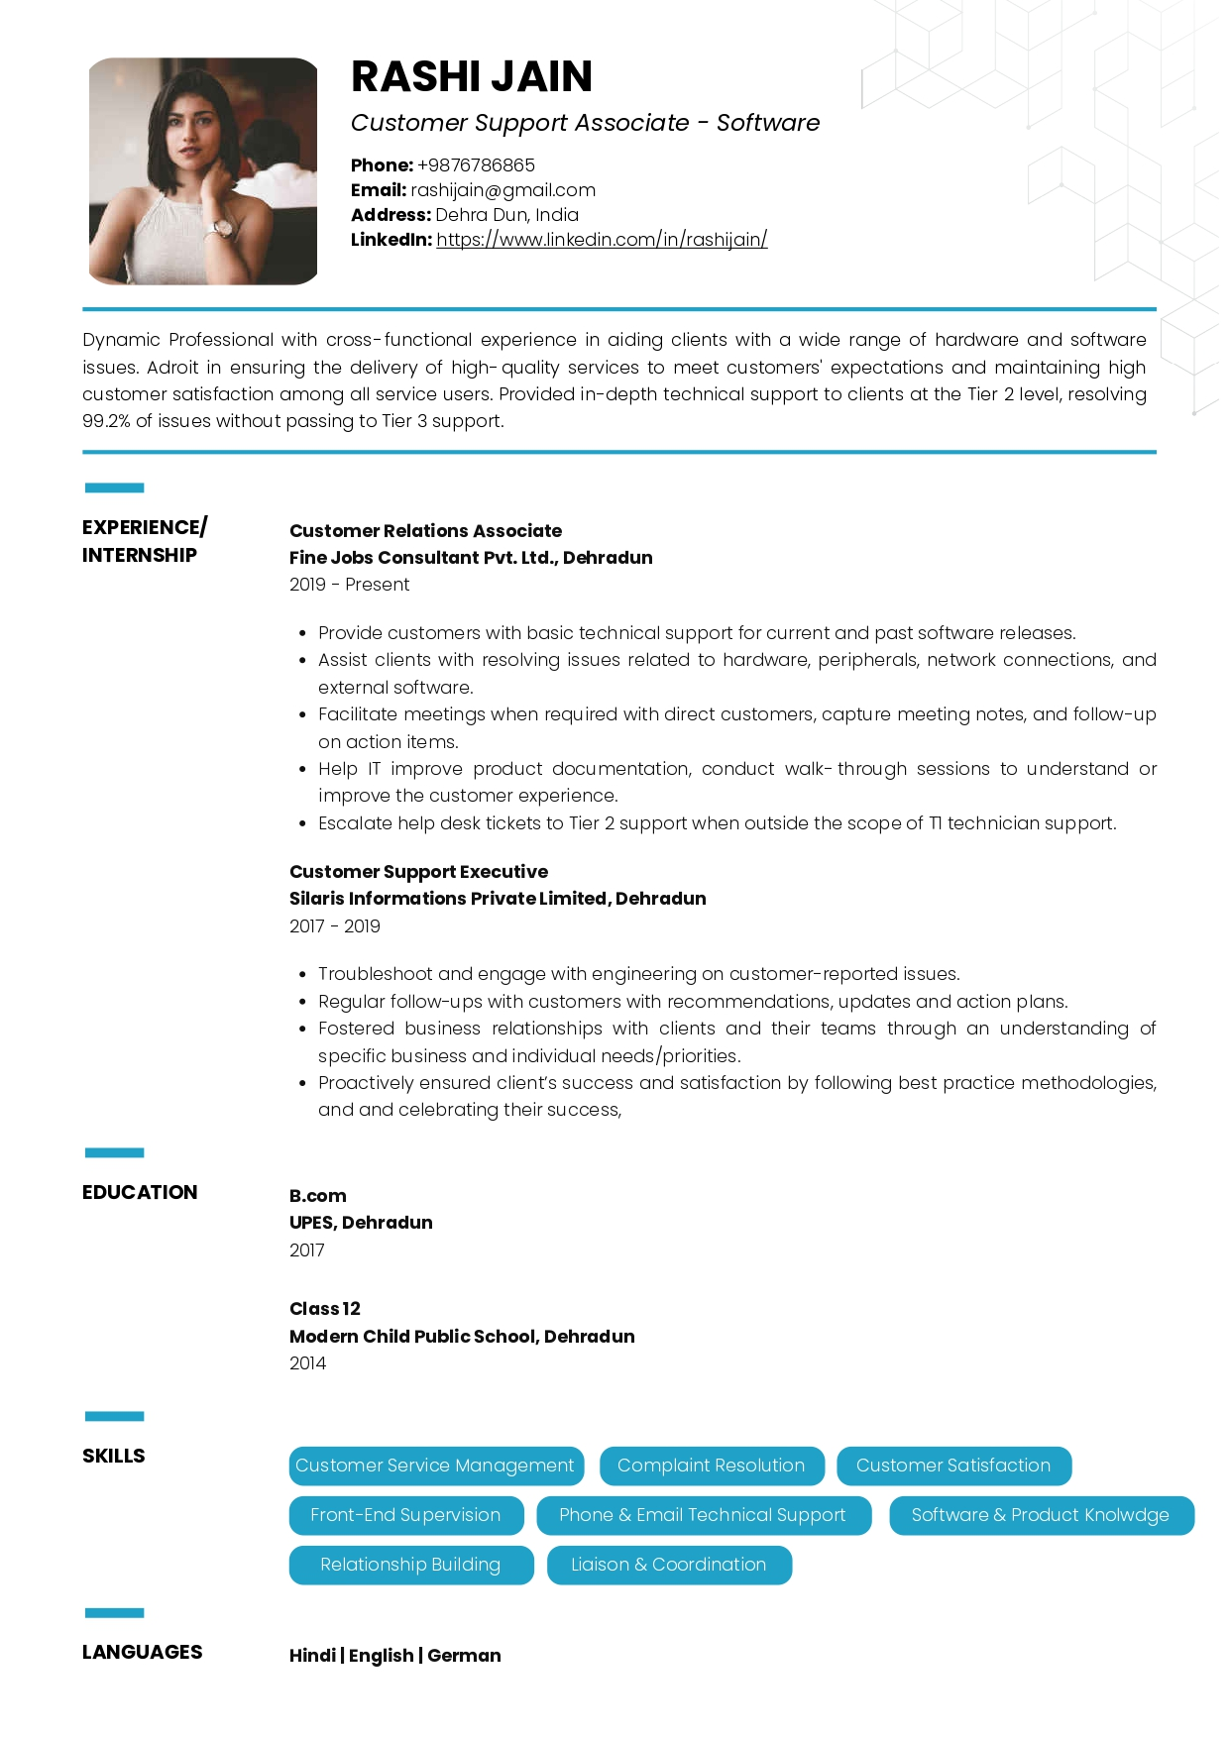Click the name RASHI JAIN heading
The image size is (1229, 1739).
pyautogui.click(x=472, y=77)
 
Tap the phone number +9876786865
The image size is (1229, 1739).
pyautogui.click(x=476, y=165)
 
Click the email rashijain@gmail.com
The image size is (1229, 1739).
pyautogui.click(x=503, y=190)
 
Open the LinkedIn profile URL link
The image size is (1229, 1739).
pyautogui.click(x=602, y=240)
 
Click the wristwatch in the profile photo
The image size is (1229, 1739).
pyautogui.click(x=222, y=228)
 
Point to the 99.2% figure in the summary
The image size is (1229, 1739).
pyautogui.click(x=106, y=421)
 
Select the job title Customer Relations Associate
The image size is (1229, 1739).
pyautogui.click(x=425, y=531)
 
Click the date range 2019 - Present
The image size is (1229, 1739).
pyautogui.click(x=349, y=585)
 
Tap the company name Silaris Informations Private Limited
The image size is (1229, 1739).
pyautogui.click(x=449, y=899)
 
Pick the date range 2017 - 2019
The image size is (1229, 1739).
pyautogui.click(x=334, y=926)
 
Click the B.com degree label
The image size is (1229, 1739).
pyautogui.click(x=317, y=1196)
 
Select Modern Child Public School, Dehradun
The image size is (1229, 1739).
pyautogui.click(x=462, y=1337)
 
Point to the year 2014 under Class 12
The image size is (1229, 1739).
pyautogui.click(x=307, y=1363)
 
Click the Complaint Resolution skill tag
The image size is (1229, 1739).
pyautogui.click(x=711, y=1466)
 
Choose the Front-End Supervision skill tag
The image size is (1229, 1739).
pyautogui.click(x=405, y=1515)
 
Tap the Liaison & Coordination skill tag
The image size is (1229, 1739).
pyautogui.click(x=668, y=1565)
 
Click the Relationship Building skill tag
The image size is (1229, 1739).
pyautogui.click(x=410, y=1565)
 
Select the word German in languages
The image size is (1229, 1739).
pyautogui.click(x=464, y=1656)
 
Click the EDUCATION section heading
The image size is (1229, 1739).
pyautogui.click(x=140, y=1192)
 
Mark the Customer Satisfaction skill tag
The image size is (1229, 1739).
pyautogui.click(x=952, y=1466)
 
